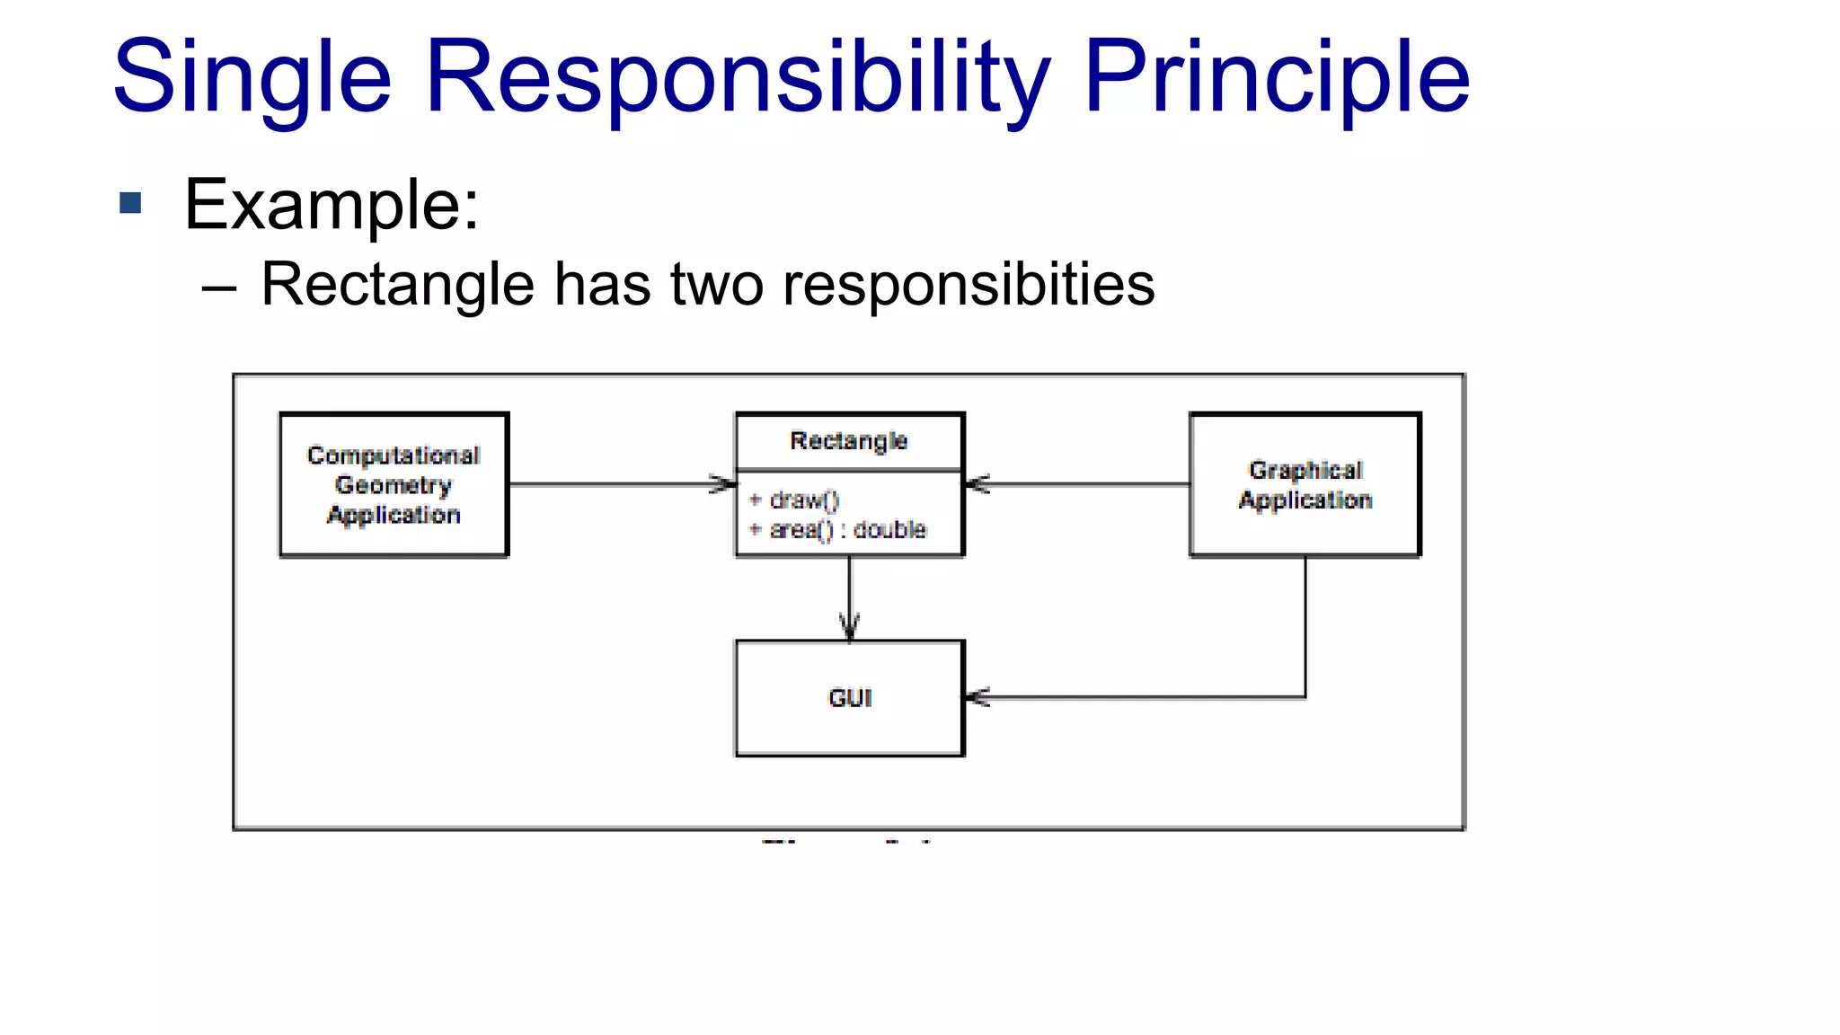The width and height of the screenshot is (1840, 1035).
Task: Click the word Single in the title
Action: pos(252,79)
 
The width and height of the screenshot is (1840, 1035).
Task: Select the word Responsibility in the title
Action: pos(737,79)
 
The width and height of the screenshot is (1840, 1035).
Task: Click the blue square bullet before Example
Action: pos(131,203)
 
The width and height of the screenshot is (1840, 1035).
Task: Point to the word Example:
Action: pos(332,205)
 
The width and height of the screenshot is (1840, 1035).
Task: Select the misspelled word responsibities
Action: pos(969,286)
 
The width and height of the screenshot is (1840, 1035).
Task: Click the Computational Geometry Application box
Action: pos(394,485)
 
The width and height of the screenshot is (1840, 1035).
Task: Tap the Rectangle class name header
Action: pos(849,441)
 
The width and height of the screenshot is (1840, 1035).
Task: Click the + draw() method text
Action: pos(795,500)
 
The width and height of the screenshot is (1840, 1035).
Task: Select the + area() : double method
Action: pos(838,530)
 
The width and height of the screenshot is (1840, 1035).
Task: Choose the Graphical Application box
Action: pos(1305,485)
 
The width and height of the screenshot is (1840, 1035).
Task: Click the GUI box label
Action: pos(850,698)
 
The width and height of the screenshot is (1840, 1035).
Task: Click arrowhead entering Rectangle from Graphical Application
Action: pos(977,484)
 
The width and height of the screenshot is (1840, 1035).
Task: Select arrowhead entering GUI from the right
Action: pos(977,696)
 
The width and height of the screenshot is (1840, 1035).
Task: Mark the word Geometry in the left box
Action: pos(394,485)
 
